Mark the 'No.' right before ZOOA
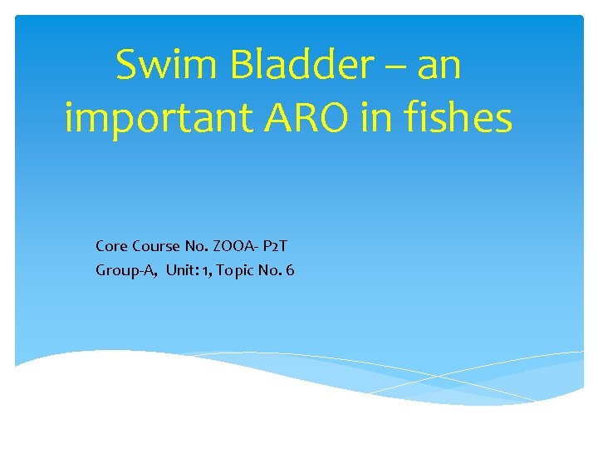(x=197, y=246)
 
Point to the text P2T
(x=277, y=246)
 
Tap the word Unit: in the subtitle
(x=182, y=270)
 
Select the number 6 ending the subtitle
(x=289, y=270)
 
